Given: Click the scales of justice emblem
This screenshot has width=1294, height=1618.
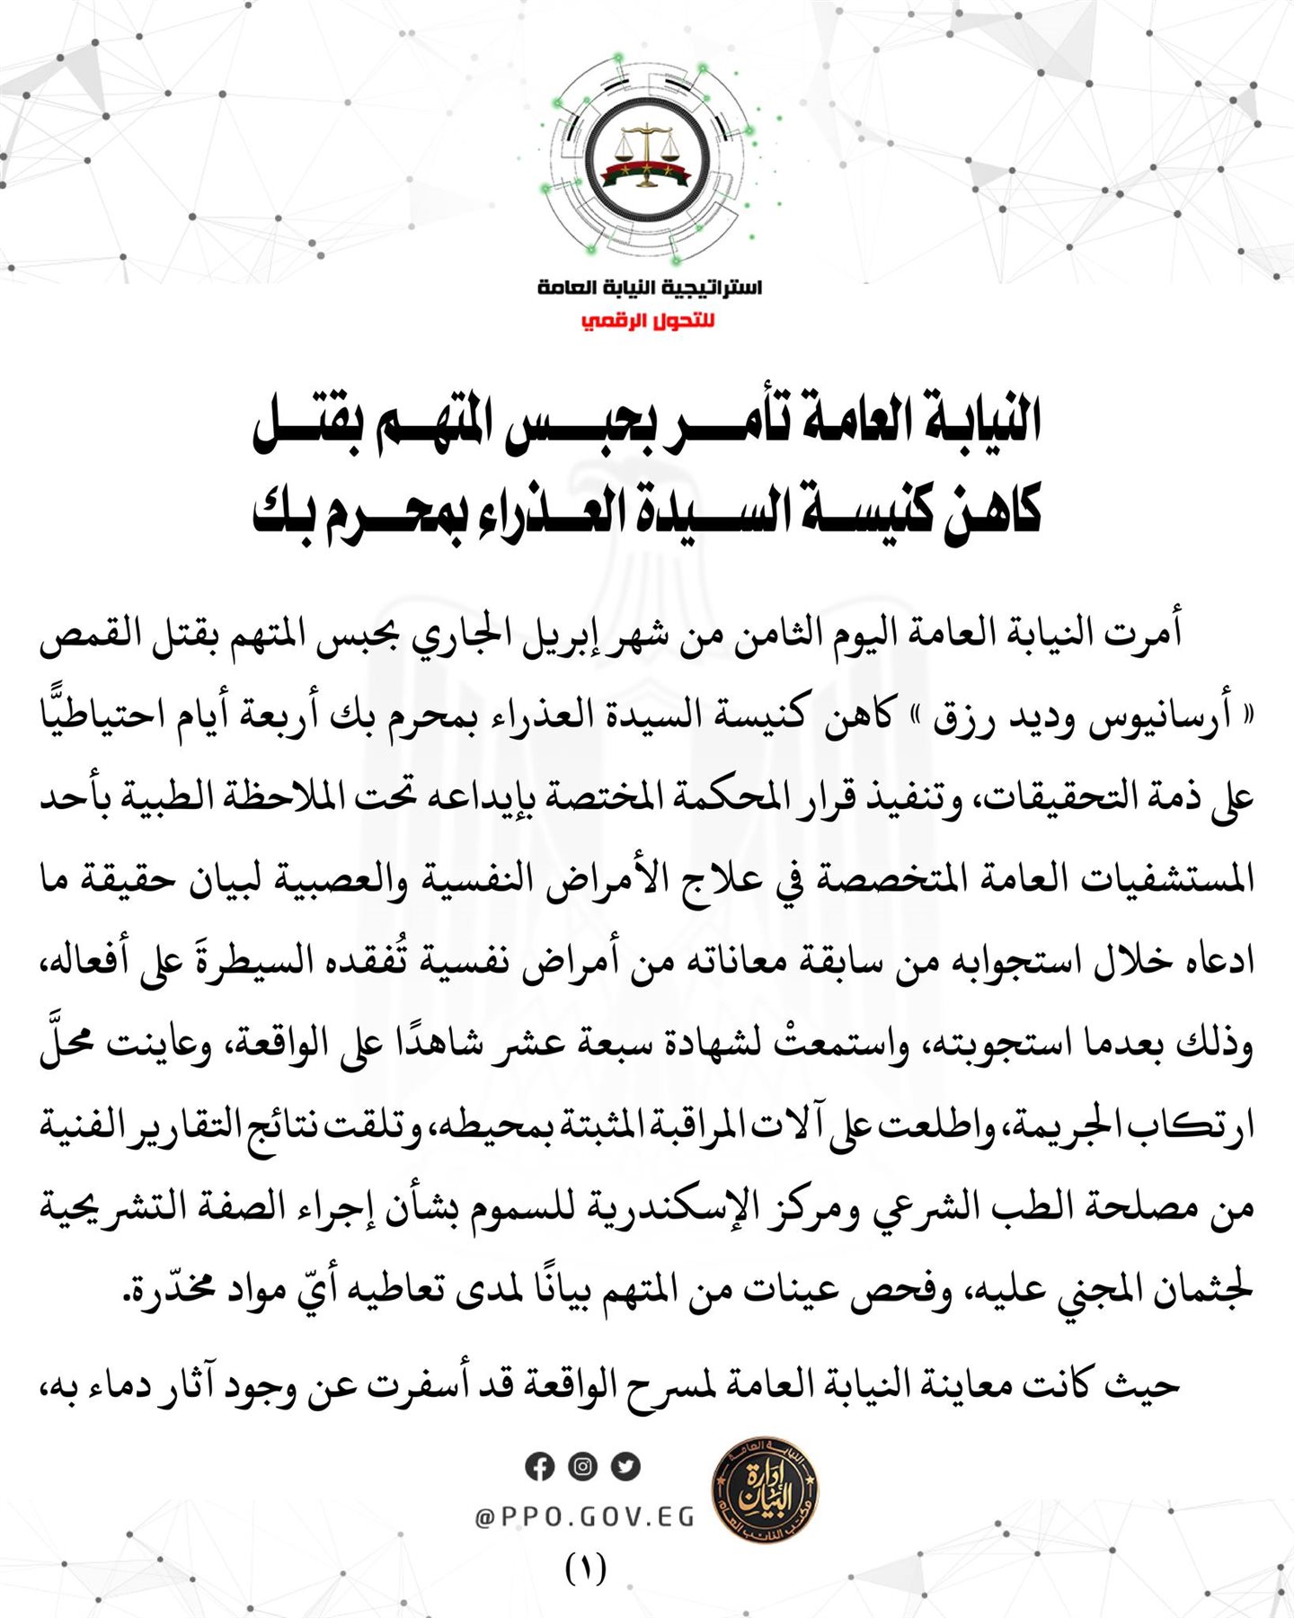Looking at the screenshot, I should click(646, 158).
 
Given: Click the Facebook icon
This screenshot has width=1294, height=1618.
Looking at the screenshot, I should click(539, 1467).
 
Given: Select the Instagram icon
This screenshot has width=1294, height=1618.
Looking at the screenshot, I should click(582, 1467).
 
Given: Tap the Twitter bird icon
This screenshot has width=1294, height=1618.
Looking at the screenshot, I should click(625, 1467).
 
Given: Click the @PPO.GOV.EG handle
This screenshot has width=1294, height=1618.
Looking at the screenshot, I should click(584, 1517).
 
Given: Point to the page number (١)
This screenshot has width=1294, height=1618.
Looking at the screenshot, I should click(586, 1569).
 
